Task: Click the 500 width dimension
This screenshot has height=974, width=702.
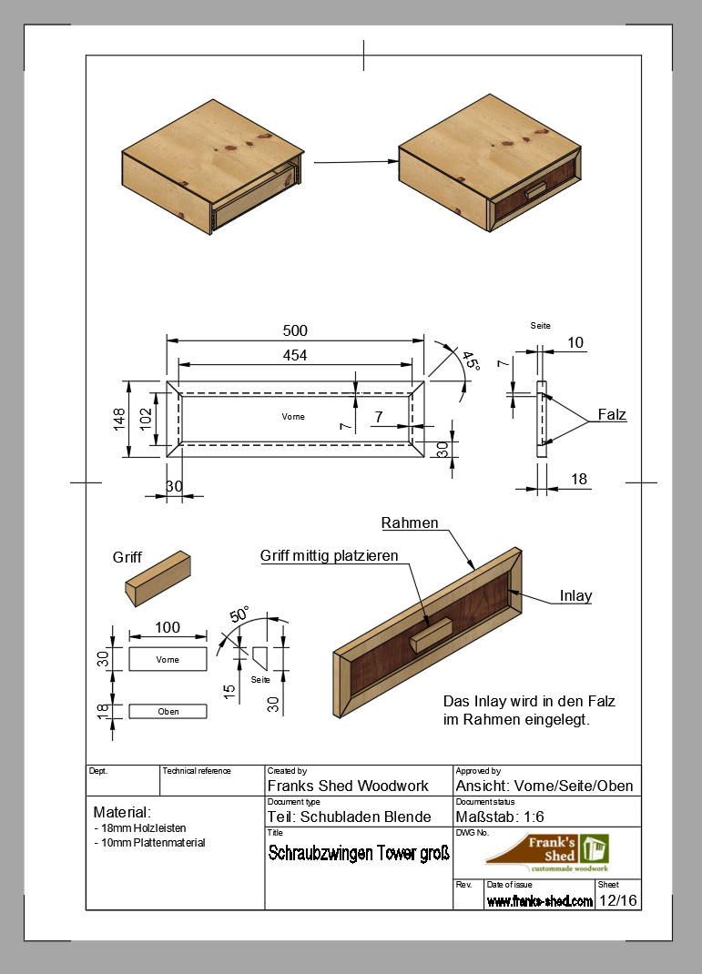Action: tap(295, 330)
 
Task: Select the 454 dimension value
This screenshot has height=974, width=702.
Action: tap(295, 355)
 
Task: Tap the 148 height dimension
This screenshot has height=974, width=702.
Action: tap(119, 420)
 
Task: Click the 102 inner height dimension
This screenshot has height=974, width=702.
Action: tap(145, 420)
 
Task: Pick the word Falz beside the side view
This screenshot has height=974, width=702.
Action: tap(612, 415)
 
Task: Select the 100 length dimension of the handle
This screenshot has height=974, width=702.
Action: tap(168, 627)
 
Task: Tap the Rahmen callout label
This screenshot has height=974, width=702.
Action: tap(410, 523)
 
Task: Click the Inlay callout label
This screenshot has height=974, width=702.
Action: tap(575, 596)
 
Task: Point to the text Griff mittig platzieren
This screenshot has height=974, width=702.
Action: tap(330, 555)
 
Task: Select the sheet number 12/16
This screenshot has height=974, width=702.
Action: tap(617, 900)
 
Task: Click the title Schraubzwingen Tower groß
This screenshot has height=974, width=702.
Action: tap(359, 854)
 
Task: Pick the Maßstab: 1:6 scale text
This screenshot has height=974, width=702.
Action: tap(500, 816)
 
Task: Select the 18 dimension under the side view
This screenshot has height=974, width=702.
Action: tap(577, 479)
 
